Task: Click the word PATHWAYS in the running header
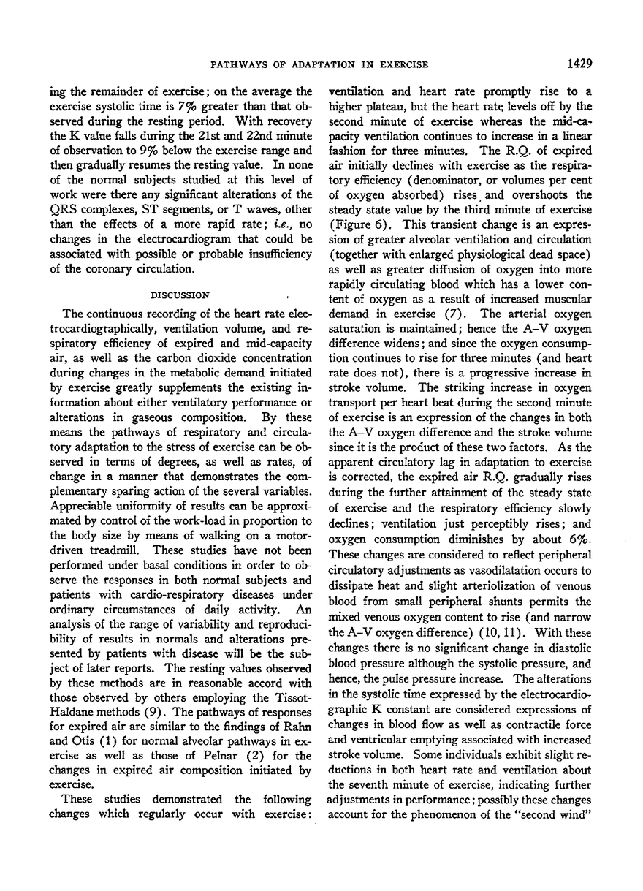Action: click(x=239, y=64)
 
